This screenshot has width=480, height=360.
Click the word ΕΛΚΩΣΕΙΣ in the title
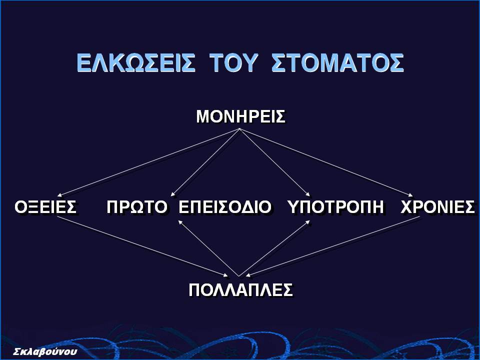[x=135, y=63]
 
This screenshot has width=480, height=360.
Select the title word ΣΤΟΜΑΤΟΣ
[x=337, y=63]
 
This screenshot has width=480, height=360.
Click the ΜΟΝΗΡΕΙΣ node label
[x=240, y=116]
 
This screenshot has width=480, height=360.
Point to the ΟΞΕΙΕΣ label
[x=45, y=207]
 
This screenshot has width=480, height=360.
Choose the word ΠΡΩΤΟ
[x=137, y=207]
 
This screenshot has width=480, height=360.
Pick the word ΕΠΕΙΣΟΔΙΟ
[x=224, y=207]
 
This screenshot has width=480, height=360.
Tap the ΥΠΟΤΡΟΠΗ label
[x=336, y=207]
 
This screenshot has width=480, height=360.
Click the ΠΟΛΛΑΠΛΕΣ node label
[x=240, y=289]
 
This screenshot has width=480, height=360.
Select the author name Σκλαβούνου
[x=45, y=351]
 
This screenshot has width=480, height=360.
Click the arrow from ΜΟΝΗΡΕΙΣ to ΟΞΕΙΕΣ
[x=149, y=162]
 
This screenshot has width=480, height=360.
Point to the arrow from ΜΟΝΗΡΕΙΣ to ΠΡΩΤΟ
[x=205, y=162]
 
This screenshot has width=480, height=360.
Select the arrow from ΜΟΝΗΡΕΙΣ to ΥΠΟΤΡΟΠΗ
[x=274, y=162]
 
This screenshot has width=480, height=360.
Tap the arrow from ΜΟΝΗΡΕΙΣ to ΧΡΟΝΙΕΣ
[x=325, y=162]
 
